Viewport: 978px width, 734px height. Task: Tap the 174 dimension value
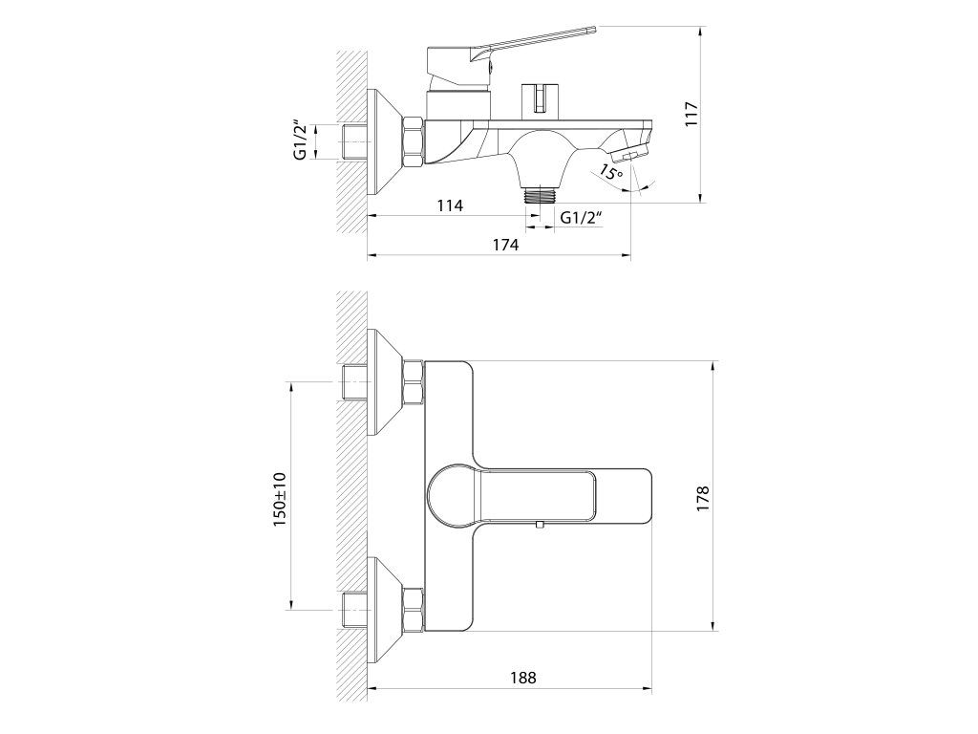pyautogui.click(x=505, y=245)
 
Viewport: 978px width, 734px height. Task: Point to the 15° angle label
pyautogui.click(x=611, y=173)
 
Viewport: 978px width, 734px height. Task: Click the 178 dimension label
pyautogui.click(x=703, y=499)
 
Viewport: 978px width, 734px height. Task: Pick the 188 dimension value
pyautogui.click(x=522, y=678)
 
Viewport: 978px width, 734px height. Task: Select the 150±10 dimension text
pyautogui.click(x=280, y=499)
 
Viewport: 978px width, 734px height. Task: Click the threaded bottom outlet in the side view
pyautogui.click(x=541, y=195)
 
